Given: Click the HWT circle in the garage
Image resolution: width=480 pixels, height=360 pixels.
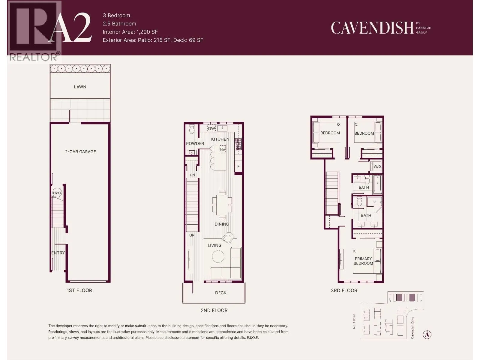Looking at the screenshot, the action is pyautogui.click(x=57, y=193).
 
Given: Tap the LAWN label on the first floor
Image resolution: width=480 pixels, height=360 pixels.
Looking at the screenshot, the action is pyautogui.click(x=80, y=87).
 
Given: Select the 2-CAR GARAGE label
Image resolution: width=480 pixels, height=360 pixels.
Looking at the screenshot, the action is pyautogui.click(x=80, y=152).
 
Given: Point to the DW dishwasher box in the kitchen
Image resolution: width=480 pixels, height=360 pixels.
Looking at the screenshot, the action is pyautogui.click(x=211, y=128).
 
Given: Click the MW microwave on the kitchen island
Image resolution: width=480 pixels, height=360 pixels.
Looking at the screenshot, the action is pyautogui.click(x=223, y=149).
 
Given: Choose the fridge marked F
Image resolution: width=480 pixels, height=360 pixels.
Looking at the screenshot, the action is pyautogui.click(x=238, y=166).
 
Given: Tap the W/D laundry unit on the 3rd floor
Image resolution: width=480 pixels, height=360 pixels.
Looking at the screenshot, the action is pyautogui.click(x=376, y=166).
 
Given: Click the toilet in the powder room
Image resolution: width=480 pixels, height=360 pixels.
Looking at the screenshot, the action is pyautogui.click(x=192, y=129).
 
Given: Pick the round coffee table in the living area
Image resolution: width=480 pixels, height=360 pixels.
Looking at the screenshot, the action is pyautogui.click(x=218, y=256).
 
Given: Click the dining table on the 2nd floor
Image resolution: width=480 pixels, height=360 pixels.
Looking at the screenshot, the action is pyautogui.click(x=222, y=205).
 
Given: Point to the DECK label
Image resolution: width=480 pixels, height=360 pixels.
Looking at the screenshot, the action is pyautogui.click(x=220, y=293).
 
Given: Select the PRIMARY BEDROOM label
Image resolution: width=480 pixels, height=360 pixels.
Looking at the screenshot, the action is pyautogui.click(x=363, y=261).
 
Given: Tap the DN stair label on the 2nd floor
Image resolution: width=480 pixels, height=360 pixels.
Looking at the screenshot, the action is pyautogui.click(x=192, y=175).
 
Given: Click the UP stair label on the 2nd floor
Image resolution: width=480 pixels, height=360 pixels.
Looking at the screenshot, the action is pyautogui.click(x=192, y=235).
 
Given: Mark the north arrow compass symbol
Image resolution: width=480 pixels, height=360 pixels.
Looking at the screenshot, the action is pyautogui.click(x=427, y=334).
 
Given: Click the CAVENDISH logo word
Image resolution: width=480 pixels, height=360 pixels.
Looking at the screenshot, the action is pyautogui.click(x=372, y=28).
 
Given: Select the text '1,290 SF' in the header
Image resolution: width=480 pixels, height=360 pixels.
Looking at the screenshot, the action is pyautogui.click(x=147, y=32).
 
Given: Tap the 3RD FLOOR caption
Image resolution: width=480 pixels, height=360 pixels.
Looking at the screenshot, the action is pyautogui.click(x=344, y=290).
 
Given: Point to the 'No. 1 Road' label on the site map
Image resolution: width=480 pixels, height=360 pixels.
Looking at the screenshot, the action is pyautogui.click(x=354, y=321).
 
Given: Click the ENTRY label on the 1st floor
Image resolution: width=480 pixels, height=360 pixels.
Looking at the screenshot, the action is pyautogui.click(x=58, y=253).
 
